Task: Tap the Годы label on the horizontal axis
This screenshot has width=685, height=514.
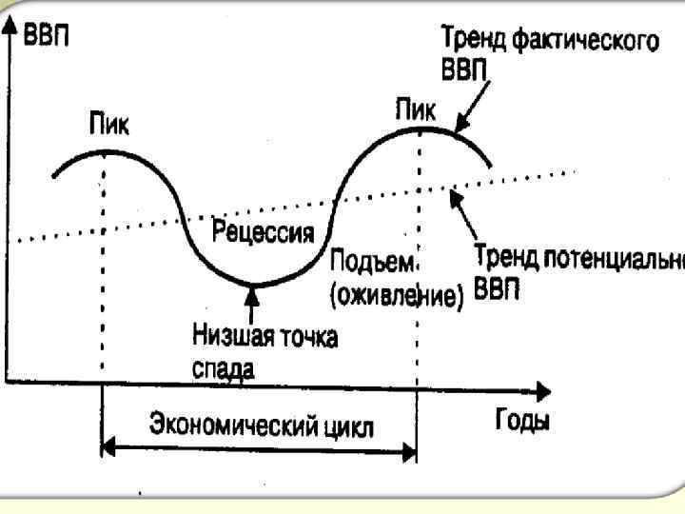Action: coord(522,421)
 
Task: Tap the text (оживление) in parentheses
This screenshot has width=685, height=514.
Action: coord(396,298)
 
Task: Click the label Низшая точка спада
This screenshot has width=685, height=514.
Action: coord(264,349)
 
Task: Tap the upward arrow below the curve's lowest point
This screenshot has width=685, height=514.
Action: coord(252,304)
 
